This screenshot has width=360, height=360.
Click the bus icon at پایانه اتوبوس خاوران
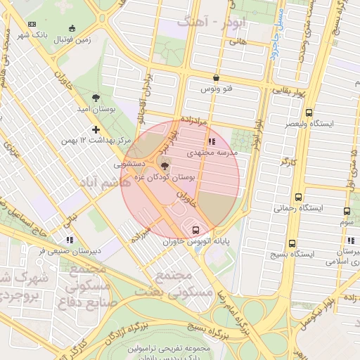click(x=195, y=230)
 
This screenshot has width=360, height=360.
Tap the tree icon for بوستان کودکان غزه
click(x=165, y=167)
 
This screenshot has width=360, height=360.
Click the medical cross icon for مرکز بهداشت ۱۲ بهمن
click(x=96, y=129)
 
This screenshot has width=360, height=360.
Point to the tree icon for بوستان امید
click(x=96, y=98)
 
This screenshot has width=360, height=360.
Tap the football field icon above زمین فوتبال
click(x=72, y=29)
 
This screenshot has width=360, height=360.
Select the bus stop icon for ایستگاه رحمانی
click(x=299, y=198)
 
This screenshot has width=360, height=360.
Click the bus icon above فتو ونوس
click(x=215, y=78)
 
